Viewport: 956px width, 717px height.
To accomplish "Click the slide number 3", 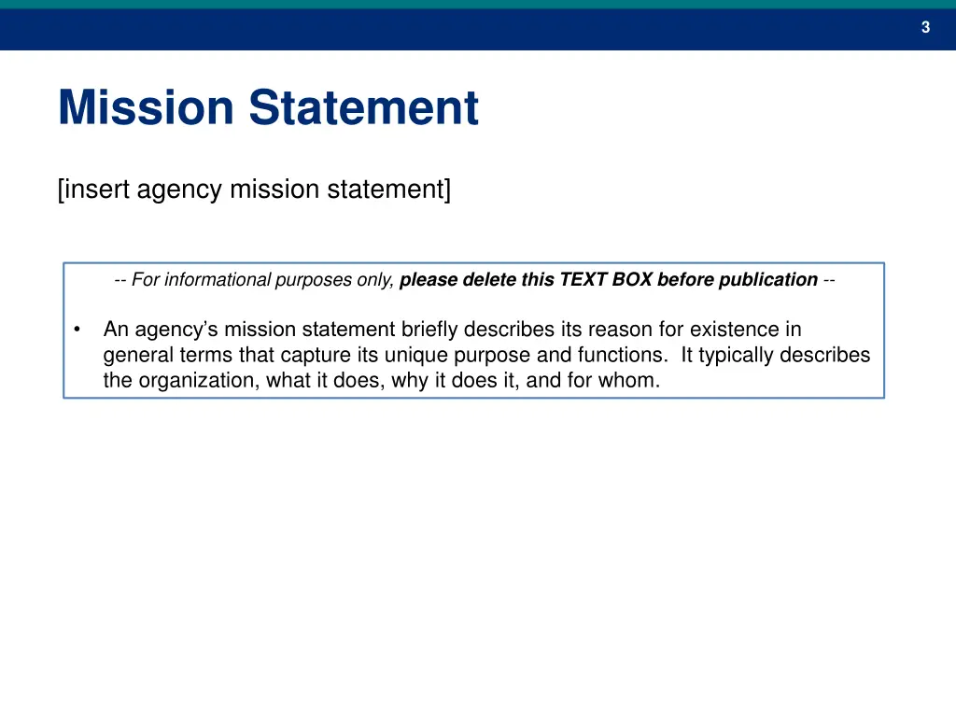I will (925, 28).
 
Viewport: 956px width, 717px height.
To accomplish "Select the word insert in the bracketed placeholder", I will (97, 190).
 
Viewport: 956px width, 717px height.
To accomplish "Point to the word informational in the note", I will (218, 279).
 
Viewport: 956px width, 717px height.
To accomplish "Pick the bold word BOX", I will (632, 279).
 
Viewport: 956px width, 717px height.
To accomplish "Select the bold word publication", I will (768, 279).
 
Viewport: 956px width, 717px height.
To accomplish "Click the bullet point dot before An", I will (78, 330).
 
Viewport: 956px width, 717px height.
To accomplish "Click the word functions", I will (624, 355).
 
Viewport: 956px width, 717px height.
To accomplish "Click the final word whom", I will (634, 380).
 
